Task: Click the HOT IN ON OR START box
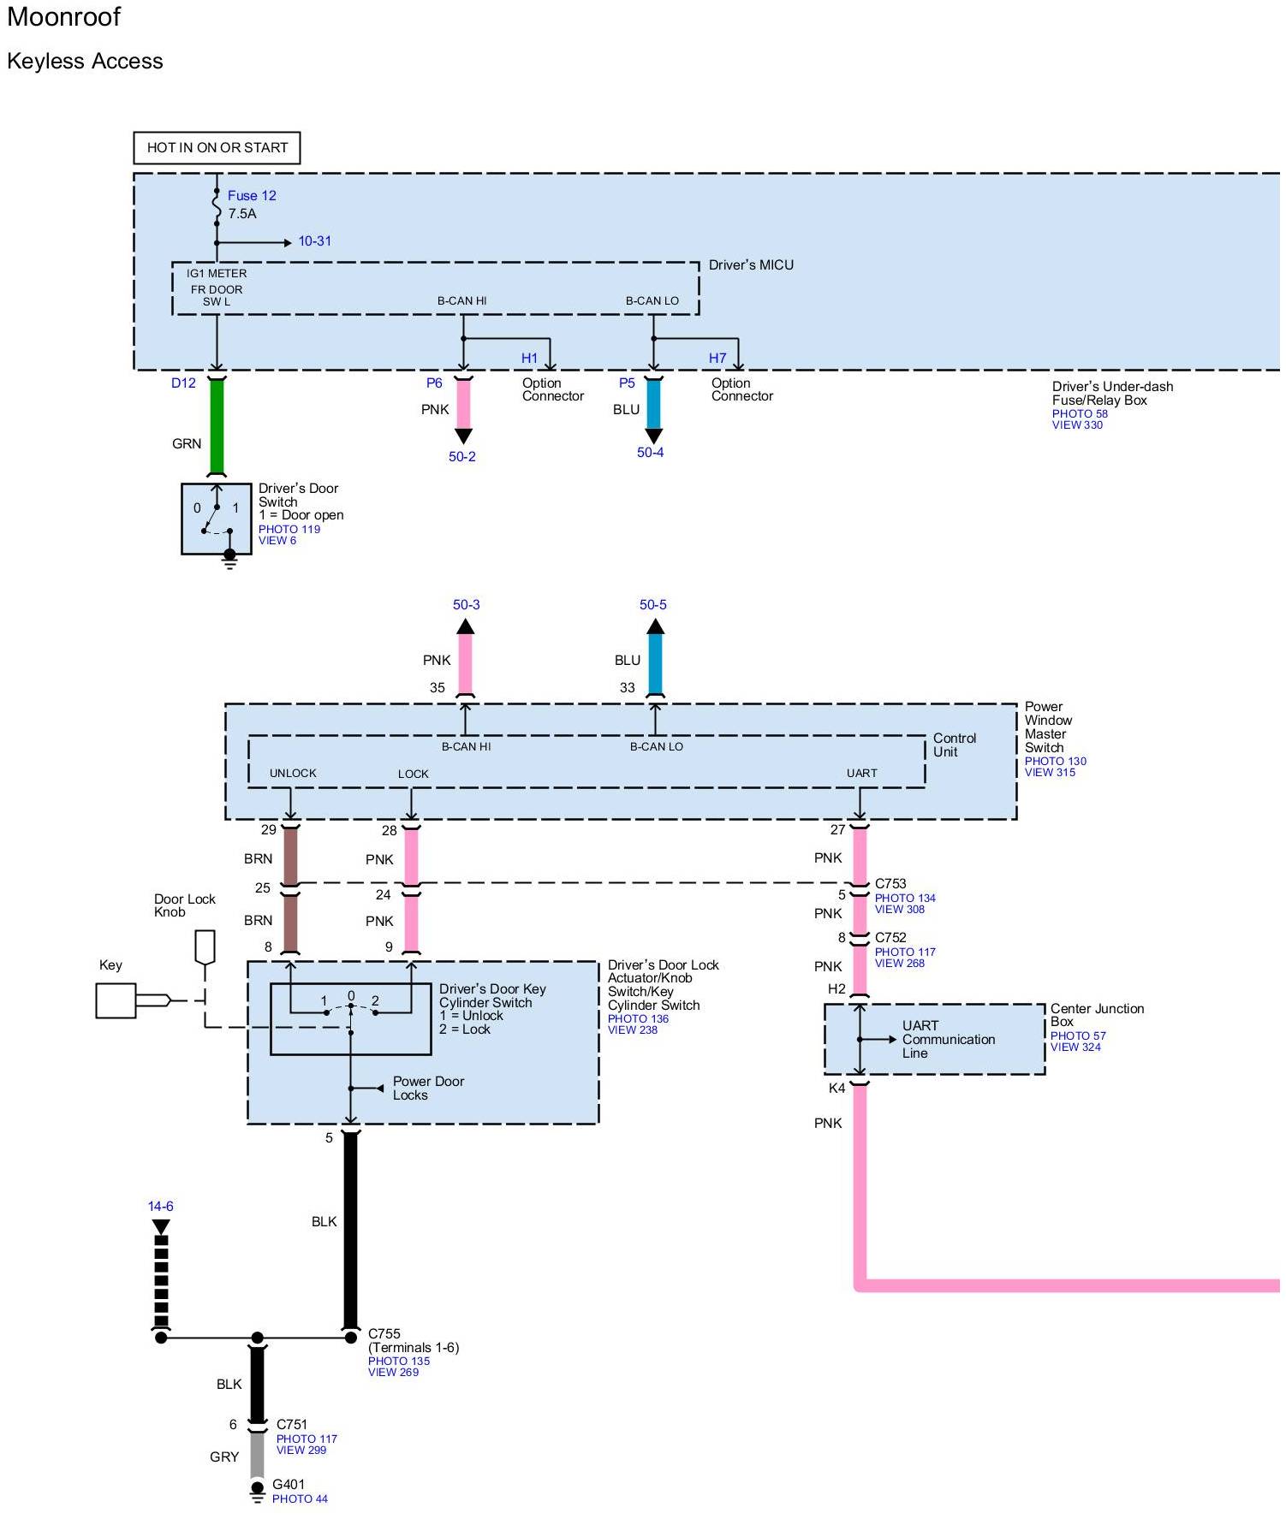217,147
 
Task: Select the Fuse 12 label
252,196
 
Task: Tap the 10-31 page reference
314,241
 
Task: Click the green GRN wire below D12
217,426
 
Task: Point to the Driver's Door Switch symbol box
217,519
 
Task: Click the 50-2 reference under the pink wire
462,457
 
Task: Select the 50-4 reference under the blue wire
651,453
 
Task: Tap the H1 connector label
530,359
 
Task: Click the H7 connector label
717,359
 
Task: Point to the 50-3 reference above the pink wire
467,605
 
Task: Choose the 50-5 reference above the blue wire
653,605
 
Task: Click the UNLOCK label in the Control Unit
293,774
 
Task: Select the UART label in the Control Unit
862,774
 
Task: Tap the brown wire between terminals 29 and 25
291,857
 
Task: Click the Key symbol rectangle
116,1000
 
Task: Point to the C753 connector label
890,884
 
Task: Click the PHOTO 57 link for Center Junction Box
1078,1035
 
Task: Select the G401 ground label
289,1485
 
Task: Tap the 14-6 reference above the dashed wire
161,1207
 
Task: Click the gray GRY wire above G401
257,1456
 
